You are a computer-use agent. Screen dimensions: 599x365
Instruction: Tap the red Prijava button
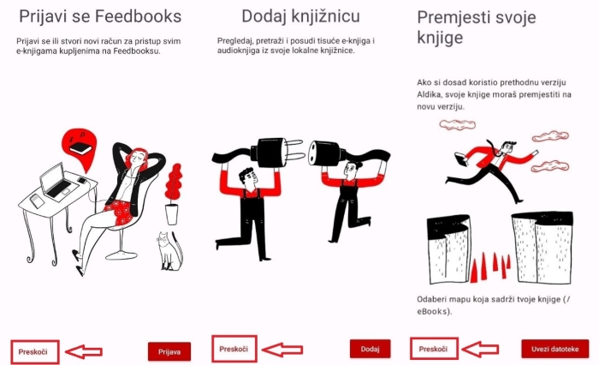pos(169,351)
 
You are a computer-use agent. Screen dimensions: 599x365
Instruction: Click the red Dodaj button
pos(370,349)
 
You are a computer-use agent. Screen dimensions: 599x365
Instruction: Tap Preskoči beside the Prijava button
pos(33,351)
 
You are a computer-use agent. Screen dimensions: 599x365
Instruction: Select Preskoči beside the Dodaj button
pos(234,349)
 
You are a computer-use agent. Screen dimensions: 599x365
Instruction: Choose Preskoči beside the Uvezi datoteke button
pos(433,349)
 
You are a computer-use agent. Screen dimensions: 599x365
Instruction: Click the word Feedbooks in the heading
pos(138,16)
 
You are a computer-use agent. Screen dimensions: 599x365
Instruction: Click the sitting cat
pos(169,251)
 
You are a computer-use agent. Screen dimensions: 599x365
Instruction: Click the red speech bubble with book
pos(80,148)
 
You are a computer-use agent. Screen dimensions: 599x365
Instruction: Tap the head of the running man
pos(509,147)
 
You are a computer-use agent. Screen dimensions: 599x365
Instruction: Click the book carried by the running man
pos(462,159)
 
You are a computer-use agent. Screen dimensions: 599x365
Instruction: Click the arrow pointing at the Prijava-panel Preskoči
pos(84,351)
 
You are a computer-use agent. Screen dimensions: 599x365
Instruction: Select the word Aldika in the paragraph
pos(430,94)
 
